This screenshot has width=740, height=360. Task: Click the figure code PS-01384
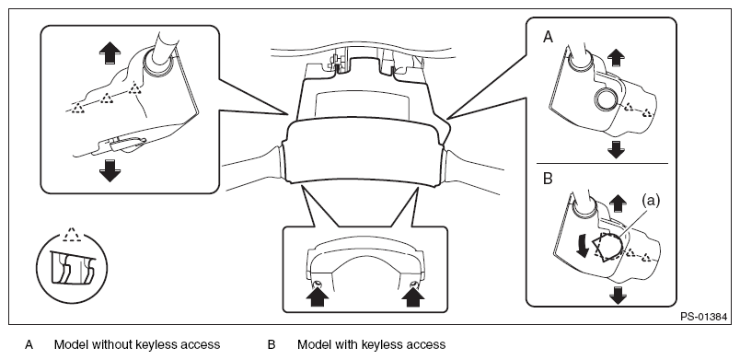703,317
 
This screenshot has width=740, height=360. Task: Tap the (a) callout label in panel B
651,201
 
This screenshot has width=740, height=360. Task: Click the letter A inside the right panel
548,37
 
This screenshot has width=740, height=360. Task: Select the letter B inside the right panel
548,180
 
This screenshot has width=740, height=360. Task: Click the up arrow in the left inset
110,52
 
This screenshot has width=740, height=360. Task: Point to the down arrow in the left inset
110,170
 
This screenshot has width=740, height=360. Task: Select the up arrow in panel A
616,59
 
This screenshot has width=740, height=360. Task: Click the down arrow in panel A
616,149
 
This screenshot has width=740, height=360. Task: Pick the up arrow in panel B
618,203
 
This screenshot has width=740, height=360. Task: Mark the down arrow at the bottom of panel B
618,296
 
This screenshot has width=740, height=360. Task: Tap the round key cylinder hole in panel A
605,99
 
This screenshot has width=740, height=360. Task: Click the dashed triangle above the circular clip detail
71,235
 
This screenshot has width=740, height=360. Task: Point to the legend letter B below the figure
272,345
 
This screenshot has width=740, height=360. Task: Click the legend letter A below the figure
29,345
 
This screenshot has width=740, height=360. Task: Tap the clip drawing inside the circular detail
72,269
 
